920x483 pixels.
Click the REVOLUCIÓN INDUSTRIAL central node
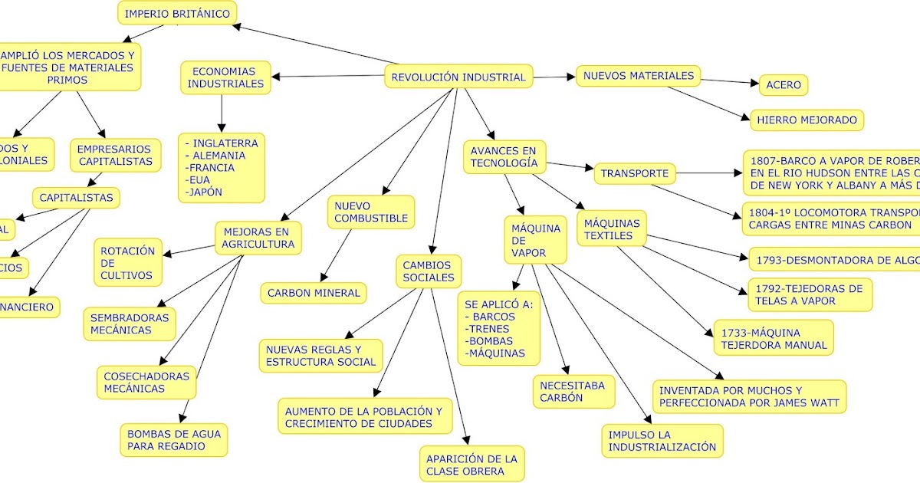458,77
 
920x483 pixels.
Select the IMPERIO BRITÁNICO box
176,14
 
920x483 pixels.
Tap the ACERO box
783,85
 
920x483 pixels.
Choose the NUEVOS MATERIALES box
638,76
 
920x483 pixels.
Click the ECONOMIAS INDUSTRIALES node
225,77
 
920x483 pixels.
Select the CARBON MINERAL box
313,293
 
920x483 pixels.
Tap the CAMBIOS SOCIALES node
429,271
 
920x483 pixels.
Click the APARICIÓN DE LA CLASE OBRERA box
472,465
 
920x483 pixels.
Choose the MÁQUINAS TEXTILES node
611,229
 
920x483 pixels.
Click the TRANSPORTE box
635,173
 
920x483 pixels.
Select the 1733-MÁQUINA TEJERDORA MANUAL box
774,339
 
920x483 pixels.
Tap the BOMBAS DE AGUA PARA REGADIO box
174,439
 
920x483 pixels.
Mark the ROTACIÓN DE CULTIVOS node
127,263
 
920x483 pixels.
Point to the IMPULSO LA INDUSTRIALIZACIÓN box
662,441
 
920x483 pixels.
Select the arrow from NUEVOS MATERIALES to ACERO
728,81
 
